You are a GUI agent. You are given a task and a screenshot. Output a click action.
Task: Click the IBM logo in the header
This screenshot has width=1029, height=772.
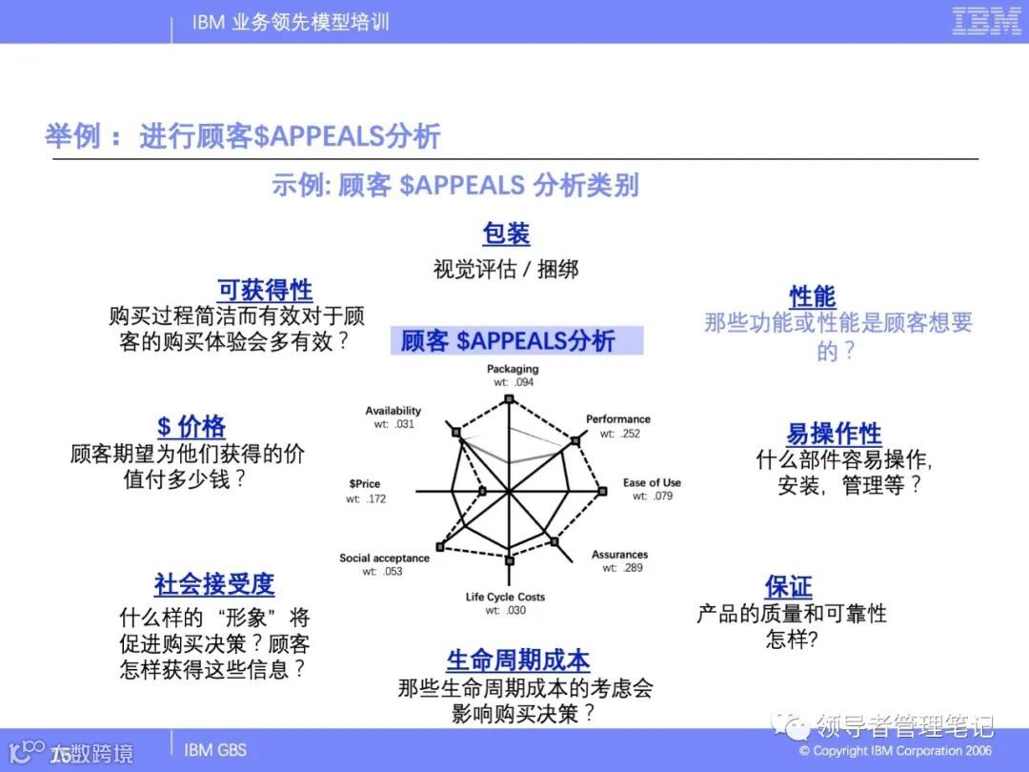coord(986,21)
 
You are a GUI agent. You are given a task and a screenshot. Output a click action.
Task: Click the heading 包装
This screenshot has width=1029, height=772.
coord(506,234)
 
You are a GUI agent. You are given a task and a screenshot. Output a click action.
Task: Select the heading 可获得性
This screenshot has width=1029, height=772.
coord(265,290)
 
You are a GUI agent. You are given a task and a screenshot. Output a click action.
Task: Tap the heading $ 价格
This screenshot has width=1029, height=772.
coord(192,426)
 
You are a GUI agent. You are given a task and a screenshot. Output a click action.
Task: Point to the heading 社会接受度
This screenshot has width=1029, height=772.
coord(214,583)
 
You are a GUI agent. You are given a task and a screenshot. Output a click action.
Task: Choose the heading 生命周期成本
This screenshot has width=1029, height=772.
coord(518,660)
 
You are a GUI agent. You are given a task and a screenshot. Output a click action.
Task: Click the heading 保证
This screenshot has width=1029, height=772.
coord(789,585)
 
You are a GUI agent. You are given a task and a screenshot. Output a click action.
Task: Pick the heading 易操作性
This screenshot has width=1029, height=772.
coord(834,434)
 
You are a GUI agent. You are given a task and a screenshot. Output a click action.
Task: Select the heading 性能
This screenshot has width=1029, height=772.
coord(813,296)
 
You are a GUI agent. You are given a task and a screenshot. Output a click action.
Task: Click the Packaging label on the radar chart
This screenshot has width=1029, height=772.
coord(513,369)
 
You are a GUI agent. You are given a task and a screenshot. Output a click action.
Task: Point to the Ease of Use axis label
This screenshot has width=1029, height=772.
coord(652,482)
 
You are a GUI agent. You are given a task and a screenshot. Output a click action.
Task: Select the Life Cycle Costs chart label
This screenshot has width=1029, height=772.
coord(505,598)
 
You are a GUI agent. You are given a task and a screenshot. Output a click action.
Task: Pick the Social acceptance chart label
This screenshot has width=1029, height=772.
coord(384,558)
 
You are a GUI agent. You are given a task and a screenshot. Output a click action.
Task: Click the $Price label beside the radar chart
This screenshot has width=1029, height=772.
coord(364,484)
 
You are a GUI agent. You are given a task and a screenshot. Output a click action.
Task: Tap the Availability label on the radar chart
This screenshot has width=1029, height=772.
coord(393,411)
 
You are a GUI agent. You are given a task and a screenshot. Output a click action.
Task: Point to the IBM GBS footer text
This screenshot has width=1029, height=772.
coord(215,750)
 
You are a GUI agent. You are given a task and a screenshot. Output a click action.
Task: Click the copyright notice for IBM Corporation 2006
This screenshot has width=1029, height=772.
coord(895,751)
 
